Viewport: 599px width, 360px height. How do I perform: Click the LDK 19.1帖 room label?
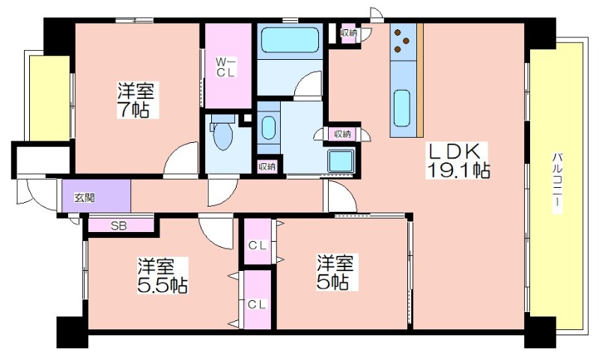[457, 161]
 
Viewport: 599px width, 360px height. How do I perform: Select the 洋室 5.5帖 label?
[162, 275]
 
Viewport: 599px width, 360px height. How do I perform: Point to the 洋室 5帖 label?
[335, 272]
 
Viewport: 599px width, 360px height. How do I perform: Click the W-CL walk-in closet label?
[226, 67]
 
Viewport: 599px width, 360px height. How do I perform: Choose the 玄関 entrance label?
[85, 198]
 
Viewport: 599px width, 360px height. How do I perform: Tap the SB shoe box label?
[119, 226]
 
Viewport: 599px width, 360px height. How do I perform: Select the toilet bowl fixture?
[222, 133]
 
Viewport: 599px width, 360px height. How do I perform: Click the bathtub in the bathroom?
[290, 40]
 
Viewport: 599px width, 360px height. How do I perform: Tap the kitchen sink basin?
[402, 108]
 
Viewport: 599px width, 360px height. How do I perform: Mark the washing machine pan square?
[341, 161]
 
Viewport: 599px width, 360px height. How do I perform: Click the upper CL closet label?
[258, 245]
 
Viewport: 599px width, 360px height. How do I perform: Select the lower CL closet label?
[258, 305]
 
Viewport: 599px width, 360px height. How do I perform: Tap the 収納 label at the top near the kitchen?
[349, 33]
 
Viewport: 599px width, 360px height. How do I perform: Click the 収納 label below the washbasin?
[267, 167]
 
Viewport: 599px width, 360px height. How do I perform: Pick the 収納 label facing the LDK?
[342, 134]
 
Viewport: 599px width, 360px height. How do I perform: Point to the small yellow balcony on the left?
[49, 98]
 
